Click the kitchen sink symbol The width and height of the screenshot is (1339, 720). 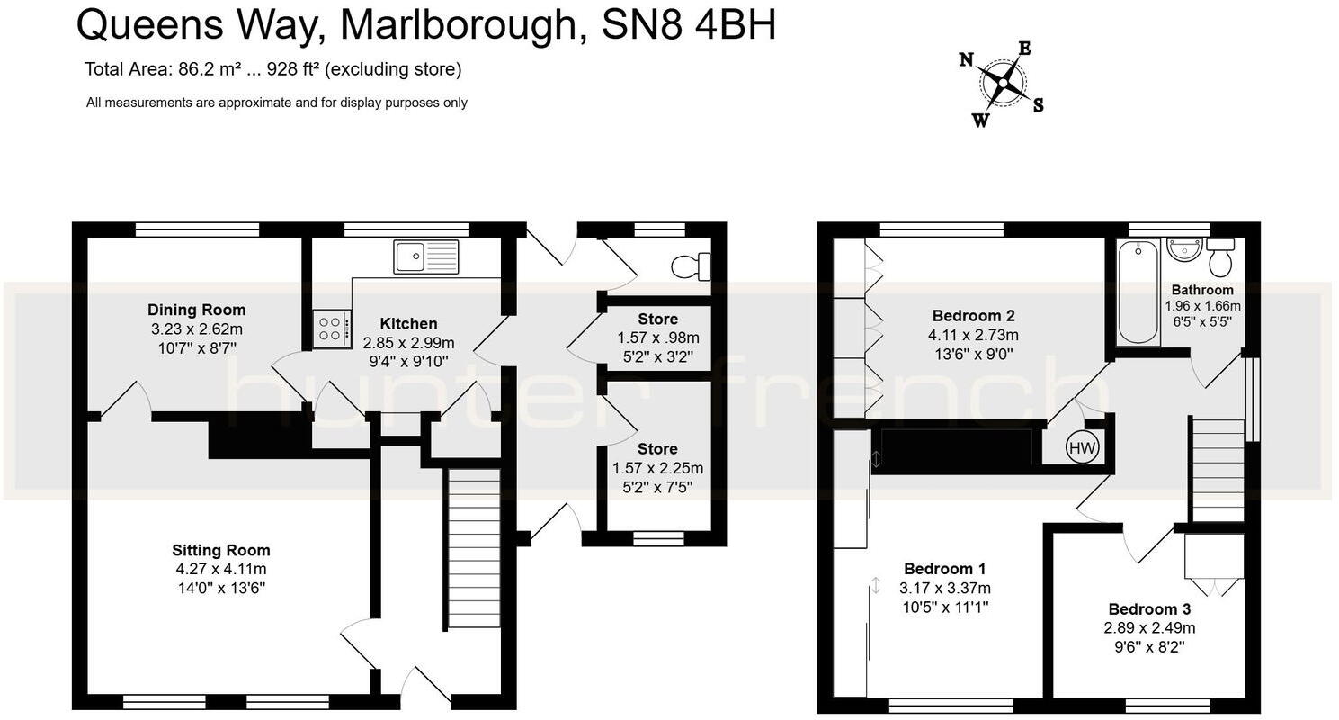(425, 256)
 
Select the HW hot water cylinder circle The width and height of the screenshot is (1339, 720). (1083, 447)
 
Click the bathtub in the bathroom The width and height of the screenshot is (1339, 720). (1138, 292)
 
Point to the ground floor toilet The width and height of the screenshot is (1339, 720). (692, 266)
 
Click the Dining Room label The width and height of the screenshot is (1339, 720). (197, 310)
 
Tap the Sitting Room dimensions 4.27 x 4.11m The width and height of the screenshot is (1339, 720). (221, 569)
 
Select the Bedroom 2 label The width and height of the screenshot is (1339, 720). (973, 316)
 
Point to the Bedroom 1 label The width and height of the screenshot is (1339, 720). (944, 569)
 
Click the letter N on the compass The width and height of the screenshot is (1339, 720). (967, 60)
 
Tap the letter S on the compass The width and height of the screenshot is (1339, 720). (1038, 105)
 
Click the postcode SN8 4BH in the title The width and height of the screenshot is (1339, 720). (688, 26)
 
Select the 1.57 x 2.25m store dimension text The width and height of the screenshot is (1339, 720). (657, 468)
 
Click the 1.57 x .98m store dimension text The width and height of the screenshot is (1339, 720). (657, 337)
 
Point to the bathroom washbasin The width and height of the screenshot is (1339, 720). (1184, 250)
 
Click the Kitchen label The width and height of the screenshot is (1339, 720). (408, 324)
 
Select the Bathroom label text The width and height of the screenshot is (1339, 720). (1201, 290)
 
